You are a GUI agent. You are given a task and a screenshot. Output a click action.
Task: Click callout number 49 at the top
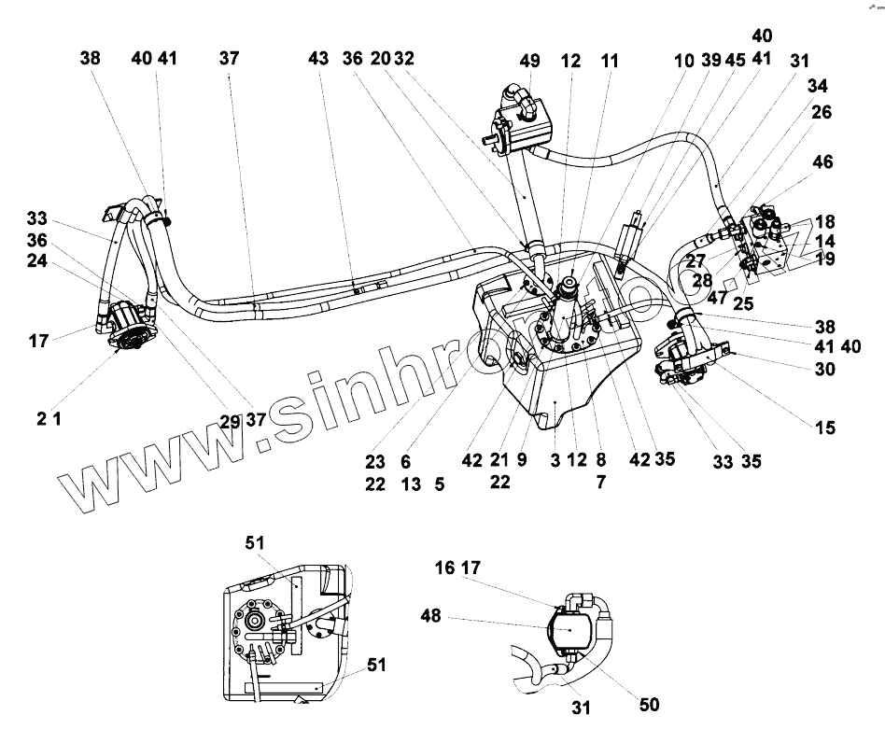click(x=530, y=62)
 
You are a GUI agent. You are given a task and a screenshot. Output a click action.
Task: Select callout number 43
click(x=318, y=59)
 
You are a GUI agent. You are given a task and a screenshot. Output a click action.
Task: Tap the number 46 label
click(x=822, y=162)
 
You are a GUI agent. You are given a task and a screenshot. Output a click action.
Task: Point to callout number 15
click(x=824, y=428)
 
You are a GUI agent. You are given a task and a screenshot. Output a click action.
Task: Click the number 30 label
click(x=823, y=369)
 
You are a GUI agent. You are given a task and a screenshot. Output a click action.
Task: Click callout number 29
click(x=230, y=421)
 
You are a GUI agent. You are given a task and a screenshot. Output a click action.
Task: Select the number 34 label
click(x=818, y=87)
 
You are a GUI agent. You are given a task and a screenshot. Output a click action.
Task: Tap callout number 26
click(x=821, y=112)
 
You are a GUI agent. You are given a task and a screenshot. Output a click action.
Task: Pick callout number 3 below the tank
click(x=555, y=459)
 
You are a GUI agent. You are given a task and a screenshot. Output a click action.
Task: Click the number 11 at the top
click(x=609, y=62)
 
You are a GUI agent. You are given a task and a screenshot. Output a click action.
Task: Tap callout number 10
click(x=684, y=62)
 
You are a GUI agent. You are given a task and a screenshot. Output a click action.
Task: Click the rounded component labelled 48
click(x=570, y=630)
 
